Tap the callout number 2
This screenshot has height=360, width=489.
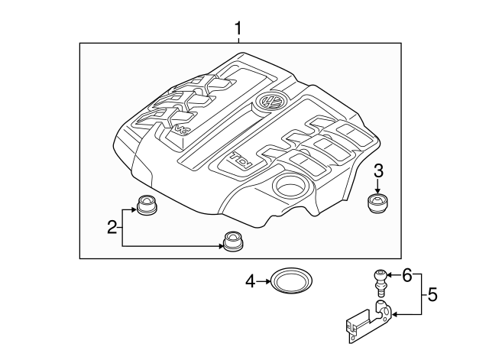112,226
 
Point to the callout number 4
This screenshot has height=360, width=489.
249,282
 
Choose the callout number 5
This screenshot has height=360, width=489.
432,293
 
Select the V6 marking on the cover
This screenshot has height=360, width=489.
183,130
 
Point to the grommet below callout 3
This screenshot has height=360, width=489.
377,205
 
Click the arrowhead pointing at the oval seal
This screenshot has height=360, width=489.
268,282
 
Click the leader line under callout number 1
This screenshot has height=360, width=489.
238,41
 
